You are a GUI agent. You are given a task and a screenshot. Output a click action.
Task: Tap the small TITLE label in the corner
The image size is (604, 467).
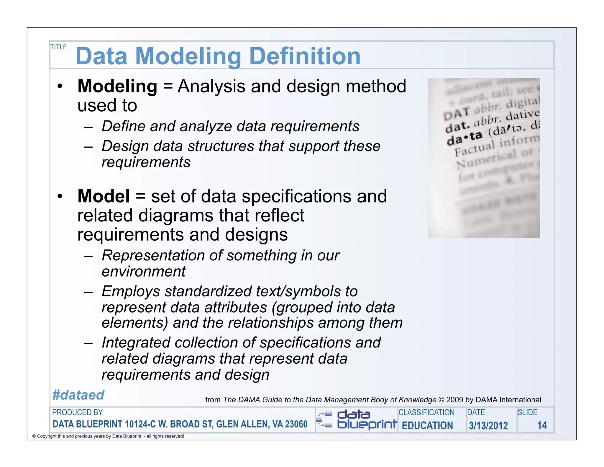tap(58, 47)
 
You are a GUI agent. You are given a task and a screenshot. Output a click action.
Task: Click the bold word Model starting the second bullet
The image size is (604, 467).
tap(103, 196)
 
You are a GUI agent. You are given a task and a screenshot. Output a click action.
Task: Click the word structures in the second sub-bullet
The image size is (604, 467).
tap(221, 146)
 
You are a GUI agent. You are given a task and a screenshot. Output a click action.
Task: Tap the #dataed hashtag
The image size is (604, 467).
tap(78, 395)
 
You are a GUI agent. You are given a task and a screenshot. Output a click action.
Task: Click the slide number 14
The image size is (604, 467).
tap(542, 425)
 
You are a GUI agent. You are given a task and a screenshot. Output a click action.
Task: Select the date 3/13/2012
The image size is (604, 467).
tap(488, 425)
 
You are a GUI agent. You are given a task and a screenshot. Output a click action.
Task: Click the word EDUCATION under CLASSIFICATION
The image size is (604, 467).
tap(427, 425)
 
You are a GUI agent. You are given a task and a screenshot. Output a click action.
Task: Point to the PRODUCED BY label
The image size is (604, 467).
tap(77, 412)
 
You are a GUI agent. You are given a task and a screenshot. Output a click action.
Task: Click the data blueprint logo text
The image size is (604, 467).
tap(367, 419)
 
